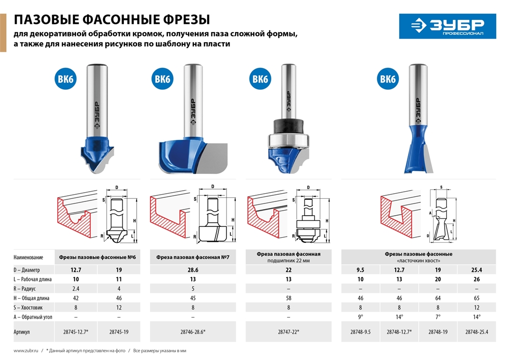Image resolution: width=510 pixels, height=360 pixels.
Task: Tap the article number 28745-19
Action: pyautogui.click(x=119, y=332)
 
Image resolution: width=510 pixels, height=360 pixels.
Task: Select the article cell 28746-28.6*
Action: pyautogui.click(x=194, y=332)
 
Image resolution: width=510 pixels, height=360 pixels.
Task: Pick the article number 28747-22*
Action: pyautogui.click(x=289, y=332)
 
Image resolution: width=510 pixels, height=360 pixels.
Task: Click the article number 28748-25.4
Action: pyautogui.click(x=476, y=332)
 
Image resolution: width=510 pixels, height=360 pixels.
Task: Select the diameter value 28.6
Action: pyautogui.click(x=194, y=270)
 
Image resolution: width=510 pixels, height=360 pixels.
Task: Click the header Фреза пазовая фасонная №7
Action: pyautogui.click(x=194, y=258)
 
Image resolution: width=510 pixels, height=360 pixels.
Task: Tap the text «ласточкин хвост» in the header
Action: pyautogui.click(x=418, y=260)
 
